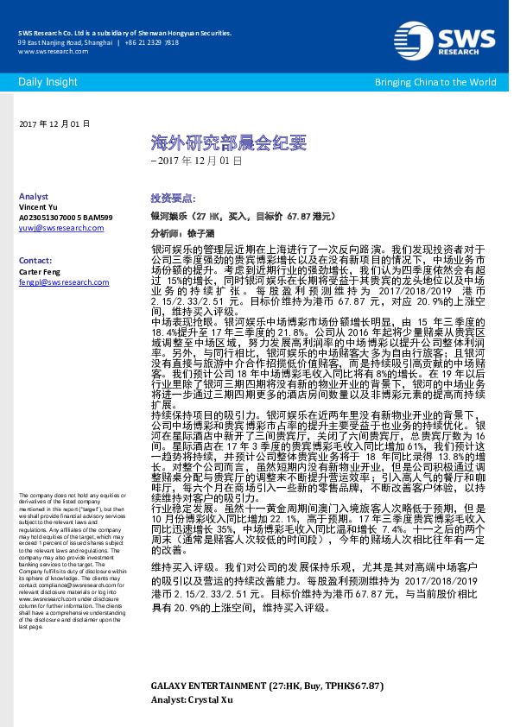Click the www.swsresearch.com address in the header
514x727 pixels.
pos(48,51)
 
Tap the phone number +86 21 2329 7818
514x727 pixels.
pos(151,42)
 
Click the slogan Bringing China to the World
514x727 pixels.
pos(435,82)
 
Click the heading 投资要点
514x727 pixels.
pos(173,198)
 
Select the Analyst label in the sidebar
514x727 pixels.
pos(34,197)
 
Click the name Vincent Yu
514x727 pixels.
pos(40,207)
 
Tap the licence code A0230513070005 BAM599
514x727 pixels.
pos(66,218)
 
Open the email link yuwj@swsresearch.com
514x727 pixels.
pos(60,228)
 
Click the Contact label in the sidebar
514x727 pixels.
pos(35,260)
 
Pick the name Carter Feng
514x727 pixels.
pos(41,270)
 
